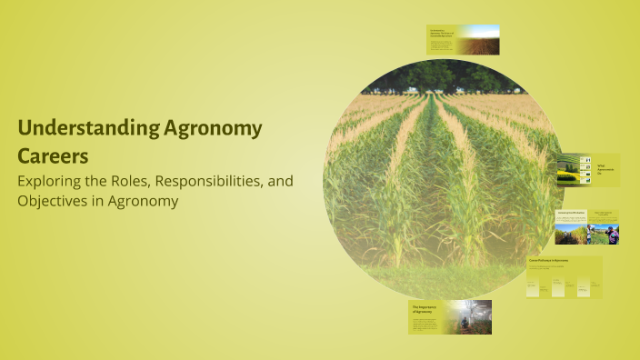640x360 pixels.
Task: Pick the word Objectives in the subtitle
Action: pyautogui.click(x=55, y=201)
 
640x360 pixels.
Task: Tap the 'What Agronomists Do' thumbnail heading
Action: pyautogui.click(x=604, y=169)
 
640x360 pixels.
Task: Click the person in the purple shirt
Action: pyautogui.click(x=613, y=235)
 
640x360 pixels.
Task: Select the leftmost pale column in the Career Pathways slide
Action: pyautogui.click(x=534, y=287)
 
